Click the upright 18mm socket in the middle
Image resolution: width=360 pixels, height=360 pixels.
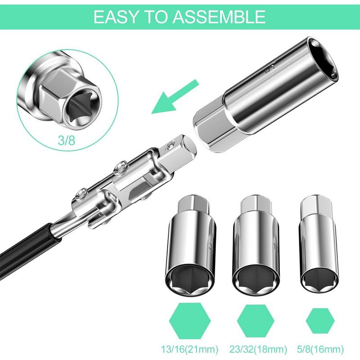[255, 243]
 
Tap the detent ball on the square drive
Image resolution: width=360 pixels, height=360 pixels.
[171, 144]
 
